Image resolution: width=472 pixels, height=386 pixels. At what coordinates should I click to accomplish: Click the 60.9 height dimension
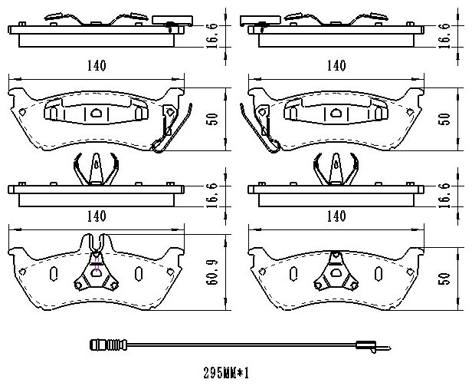point(212,272)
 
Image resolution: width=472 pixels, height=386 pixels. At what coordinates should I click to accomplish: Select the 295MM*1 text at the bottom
point(226,373)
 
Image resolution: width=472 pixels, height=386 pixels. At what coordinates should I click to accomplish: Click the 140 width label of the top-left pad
point(97,65)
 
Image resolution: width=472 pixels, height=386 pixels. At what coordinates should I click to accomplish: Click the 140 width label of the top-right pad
point(336,65)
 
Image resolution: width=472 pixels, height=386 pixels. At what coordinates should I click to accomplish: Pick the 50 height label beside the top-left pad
point(212,119)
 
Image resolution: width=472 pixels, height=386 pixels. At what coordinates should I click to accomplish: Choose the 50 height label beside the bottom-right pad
point(446,279)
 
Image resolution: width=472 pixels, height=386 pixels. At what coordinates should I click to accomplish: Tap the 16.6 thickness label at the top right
point(446,35)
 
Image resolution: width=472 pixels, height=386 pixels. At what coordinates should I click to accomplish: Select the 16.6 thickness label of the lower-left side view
point(212,196)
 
